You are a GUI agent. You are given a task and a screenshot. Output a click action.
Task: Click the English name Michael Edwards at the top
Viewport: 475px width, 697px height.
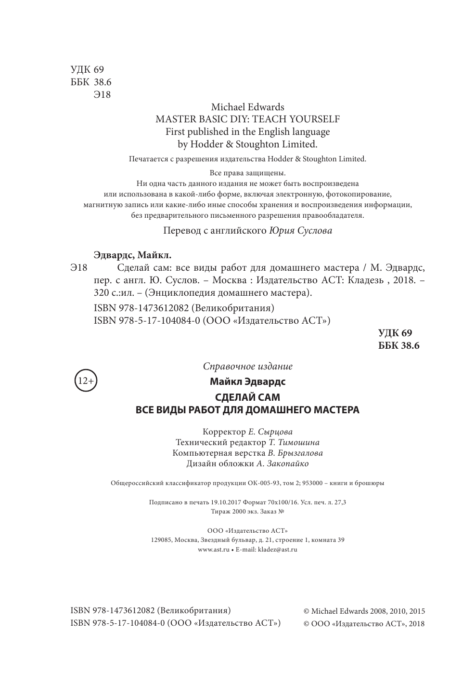[x=247, y=107]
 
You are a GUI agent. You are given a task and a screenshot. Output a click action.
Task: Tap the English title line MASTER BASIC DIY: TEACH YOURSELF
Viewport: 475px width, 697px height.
[x=247, y=119]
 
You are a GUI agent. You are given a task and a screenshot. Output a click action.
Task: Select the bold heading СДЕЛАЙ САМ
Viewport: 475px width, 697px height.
[x=247, y=398]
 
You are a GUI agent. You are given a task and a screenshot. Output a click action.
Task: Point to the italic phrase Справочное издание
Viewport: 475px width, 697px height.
[x=247, y=366]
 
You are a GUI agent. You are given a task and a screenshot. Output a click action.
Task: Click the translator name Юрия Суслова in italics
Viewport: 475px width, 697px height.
[x=300, y=230]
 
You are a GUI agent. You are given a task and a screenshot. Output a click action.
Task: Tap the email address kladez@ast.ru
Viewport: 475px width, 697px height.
[x=277, y=550]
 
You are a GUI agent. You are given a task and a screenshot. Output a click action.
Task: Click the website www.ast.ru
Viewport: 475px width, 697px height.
[x=214, y=550]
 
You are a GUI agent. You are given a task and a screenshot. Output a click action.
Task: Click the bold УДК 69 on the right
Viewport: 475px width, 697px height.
[x=395, y=333]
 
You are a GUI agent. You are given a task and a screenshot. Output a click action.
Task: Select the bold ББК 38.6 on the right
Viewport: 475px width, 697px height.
[x=399, y=345]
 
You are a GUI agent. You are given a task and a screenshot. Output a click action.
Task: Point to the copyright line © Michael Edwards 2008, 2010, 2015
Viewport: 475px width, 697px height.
[x=364, y=611]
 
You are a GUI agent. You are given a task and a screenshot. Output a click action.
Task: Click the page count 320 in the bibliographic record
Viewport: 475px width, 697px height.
[x=102, y=292]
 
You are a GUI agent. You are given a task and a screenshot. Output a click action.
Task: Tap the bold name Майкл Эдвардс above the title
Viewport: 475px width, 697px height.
[x=247, y=381]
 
